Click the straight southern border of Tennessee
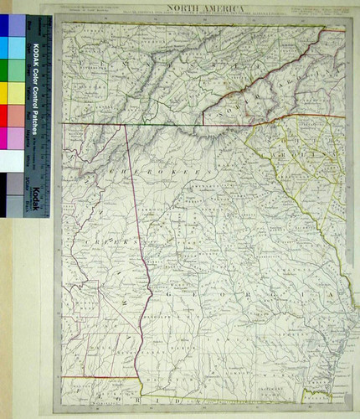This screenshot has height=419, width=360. tap(167, 124)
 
